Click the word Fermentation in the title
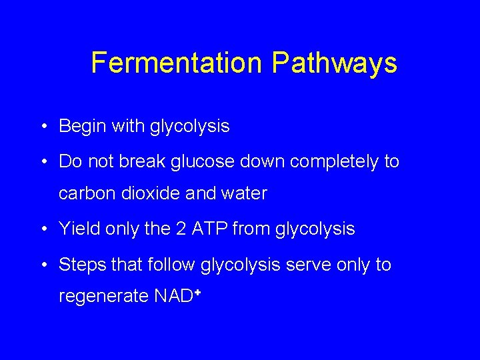[x=177, y=63]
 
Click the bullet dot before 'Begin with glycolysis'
[x=43, y=127]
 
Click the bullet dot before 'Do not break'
[x=43, y=162]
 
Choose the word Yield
[x=78, y=229]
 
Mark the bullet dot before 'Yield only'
[x=43, y=229]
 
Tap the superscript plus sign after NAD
[x=198, y=291]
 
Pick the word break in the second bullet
[x=136, y=161]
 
